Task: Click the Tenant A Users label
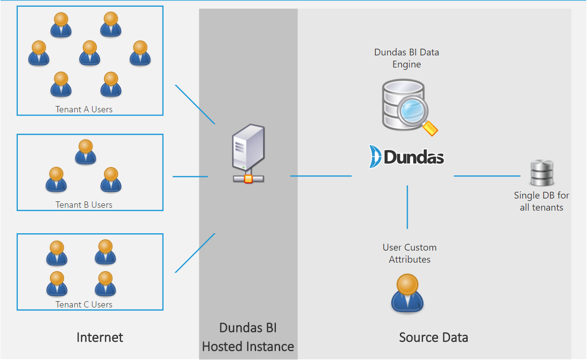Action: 84,109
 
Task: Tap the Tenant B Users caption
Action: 84,205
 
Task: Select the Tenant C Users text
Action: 84,305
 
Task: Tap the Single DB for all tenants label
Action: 541,201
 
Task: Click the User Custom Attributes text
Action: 410,253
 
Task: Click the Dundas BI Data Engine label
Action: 407,58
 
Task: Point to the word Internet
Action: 100,337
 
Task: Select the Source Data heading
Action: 433,337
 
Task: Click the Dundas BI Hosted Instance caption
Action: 248,337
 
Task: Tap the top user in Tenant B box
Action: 85,152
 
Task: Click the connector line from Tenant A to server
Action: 195,105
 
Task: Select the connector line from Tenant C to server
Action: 195,253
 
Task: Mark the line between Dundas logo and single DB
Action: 487,176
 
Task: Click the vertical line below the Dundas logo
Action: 408,207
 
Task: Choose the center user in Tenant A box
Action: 90,53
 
